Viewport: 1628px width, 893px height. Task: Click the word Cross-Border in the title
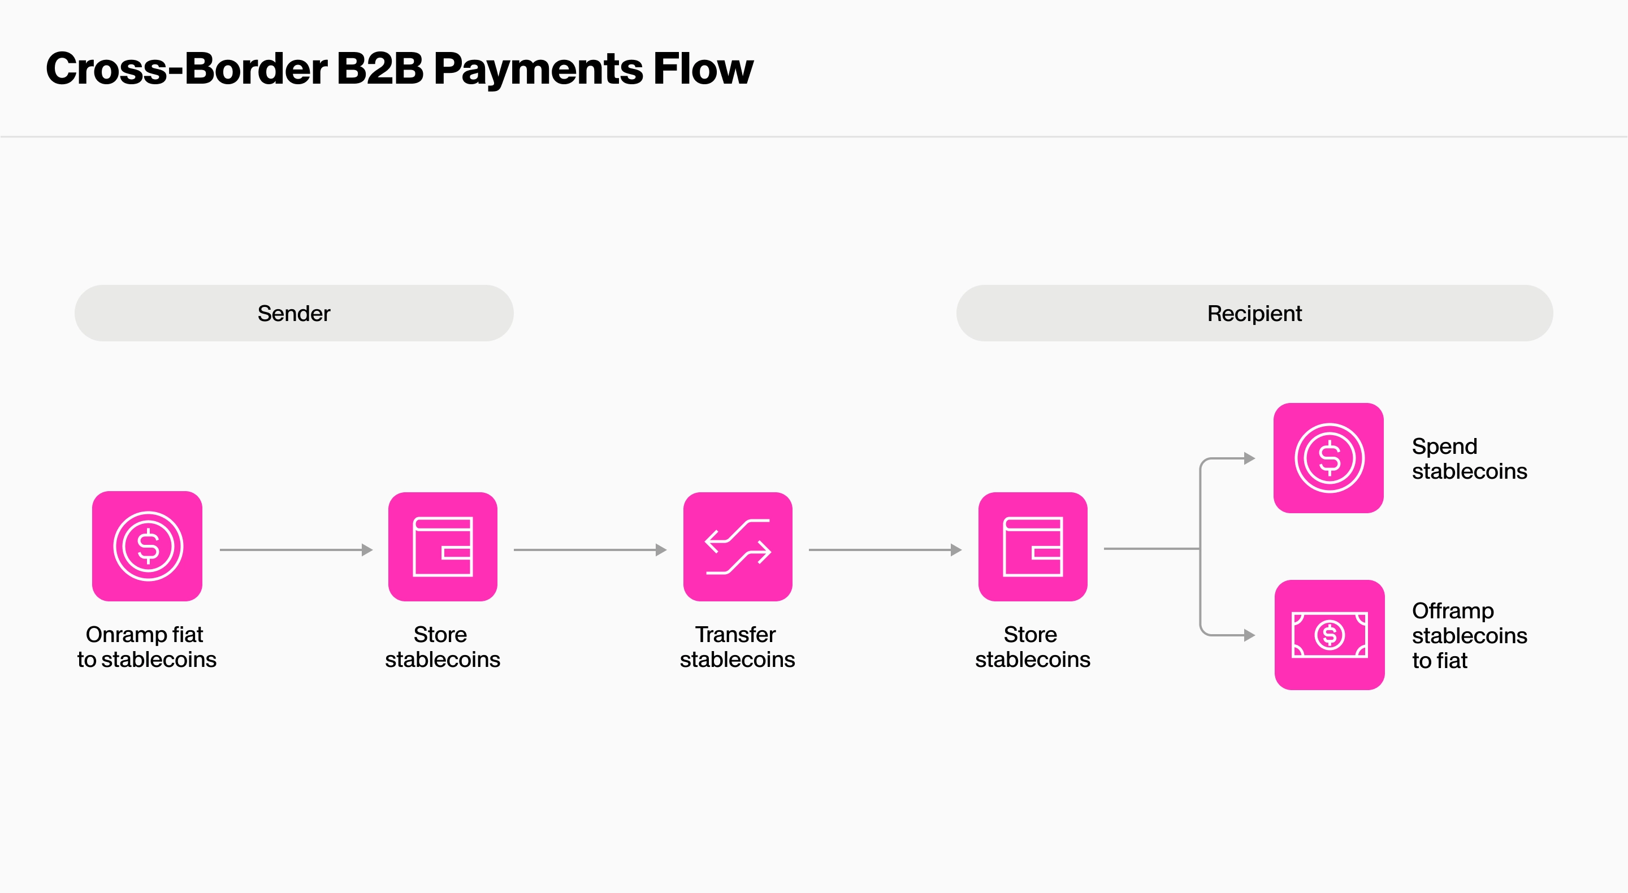coord(186,68)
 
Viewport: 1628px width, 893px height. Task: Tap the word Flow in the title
coord(703,68)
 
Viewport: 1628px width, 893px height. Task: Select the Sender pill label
coord(294,314)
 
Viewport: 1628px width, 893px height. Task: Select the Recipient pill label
coord(1254,314)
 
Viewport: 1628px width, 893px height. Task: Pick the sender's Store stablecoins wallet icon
coord(443,547)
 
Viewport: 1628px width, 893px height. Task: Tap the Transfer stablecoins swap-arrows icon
coord(738,547)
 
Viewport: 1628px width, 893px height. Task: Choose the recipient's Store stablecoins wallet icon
coord(1033,547)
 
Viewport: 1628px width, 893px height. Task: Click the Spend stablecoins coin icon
coord(1328,458)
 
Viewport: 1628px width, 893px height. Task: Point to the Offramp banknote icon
coord(1330,635)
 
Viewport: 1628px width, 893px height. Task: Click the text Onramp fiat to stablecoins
coord(146,647)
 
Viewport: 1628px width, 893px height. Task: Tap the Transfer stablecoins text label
coord(737,647)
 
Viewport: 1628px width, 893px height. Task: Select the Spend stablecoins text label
coord(1469,459)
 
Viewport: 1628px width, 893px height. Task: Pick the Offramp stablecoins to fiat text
coord(1469,635)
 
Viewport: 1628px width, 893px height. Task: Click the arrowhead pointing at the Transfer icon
coord(661,550)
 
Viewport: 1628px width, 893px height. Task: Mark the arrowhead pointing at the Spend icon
coord(1249,458)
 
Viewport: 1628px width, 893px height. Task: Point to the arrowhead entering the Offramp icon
coord(1249,635)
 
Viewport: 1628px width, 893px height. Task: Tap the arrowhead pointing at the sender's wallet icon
coord(366,550)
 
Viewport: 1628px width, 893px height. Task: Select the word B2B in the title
coord(380,68)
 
